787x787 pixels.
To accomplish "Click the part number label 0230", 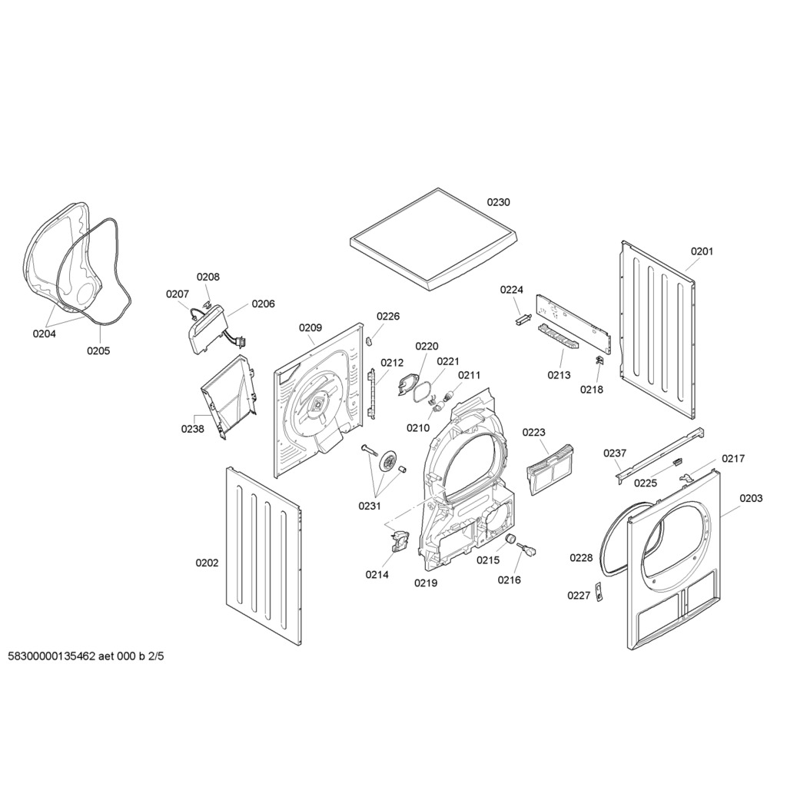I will [x=498, y=202].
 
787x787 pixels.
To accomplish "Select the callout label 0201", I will [x=702, y=251].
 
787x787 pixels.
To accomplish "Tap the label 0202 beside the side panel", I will [x=207, y=563].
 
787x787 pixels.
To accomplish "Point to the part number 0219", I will [x=426, y=583].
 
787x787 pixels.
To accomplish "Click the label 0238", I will [x=192, y=429].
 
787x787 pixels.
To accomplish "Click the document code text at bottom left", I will [x=86, y=657].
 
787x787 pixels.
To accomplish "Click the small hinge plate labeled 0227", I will [x=601, y=594].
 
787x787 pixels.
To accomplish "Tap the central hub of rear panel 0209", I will [x=317, y=406].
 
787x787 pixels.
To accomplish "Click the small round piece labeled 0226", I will [x=368, y=340].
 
